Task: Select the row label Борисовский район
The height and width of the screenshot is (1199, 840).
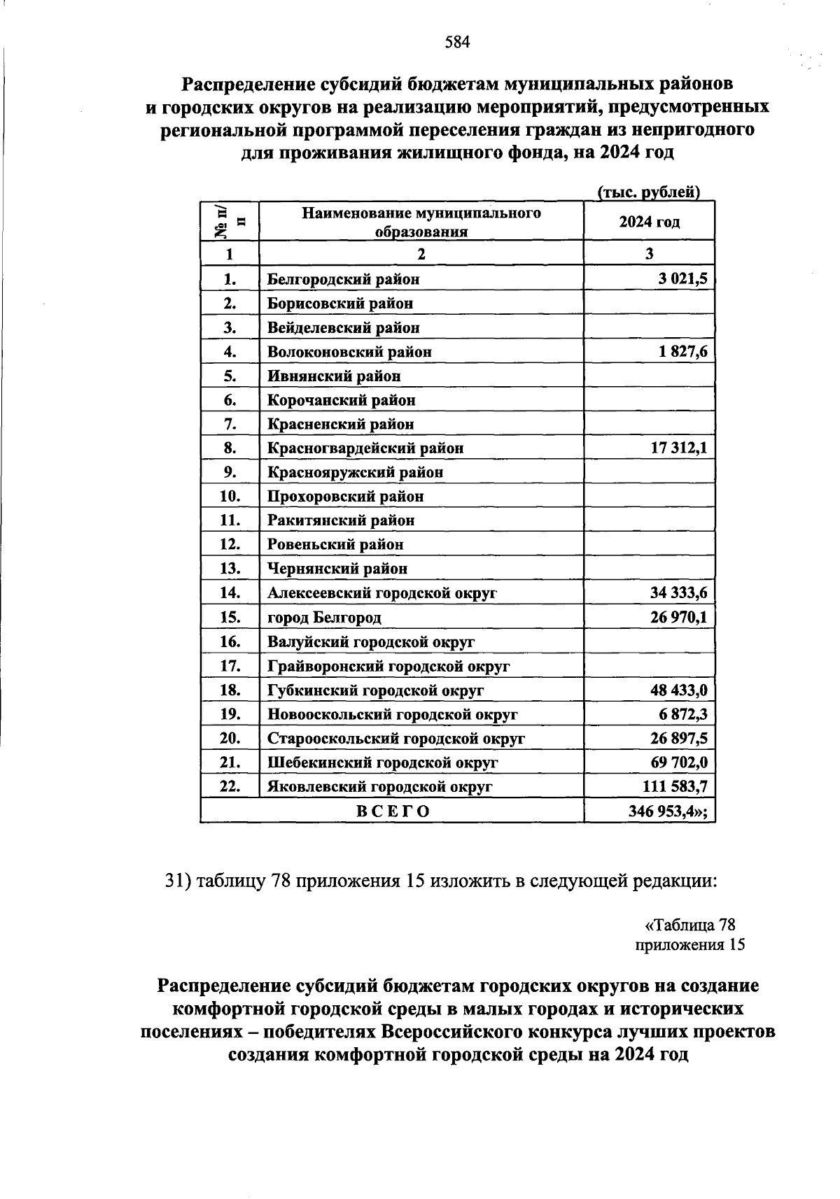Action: [x=340, y=304]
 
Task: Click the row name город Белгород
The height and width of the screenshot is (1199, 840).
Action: [x=324, y=618]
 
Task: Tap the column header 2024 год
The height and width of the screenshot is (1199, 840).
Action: [x=649, y=222]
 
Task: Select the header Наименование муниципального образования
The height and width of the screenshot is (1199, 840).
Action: [x=421, y=222]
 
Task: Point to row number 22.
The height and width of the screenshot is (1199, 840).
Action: [x=230, y=786]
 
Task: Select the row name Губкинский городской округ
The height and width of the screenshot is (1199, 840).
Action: [x=376, y=690]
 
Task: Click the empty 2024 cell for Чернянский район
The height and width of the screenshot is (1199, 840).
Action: [x=649, y=568]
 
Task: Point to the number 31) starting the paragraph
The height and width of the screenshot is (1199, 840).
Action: [x=178, y=881]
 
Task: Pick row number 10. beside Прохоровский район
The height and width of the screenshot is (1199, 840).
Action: [x=230, y=497]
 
